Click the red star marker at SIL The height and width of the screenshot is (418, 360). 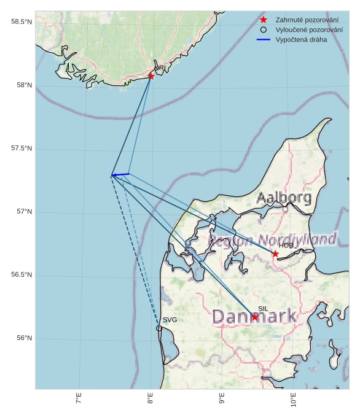tap(255, 317)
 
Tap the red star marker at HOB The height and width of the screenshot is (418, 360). tap(275, 254)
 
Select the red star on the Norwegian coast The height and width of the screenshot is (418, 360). tap(151, 76)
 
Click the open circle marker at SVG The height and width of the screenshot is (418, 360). tap(159, 328)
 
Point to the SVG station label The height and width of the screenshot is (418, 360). tap(170, 320)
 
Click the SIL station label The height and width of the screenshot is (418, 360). tap(263, 309)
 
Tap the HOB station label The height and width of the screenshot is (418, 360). tap(285, 246)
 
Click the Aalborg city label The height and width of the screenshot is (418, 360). tap(284, 198)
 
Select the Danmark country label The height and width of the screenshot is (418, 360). tap(254, 317)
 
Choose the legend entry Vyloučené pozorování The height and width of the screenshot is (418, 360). tap(309, 29)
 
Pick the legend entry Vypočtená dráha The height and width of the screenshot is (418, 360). tap(301, 39)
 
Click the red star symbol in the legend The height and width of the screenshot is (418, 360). tap(264, 20)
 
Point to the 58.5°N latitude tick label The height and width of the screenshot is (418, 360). tap(22, 22)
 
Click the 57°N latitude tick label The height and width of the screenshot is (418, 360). tap(24, 212)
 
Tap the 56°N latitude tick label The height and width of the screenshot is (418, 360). tap(24, 338)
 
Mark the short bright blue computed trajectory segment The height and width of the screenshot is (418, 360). tap(120, 175)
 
